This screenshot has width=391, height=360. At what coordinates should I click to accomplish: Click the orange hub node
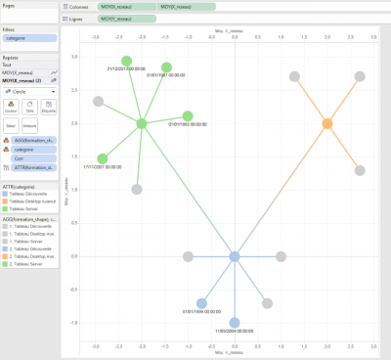click(327, 123)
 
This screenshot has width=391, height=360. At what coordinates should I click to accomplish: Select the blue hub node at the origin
click(235, 256)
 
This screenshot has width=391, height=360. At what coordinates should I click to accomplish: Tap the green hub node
click(142, 123)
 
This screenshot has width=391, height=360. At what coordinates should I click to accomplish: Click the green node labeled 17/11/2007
click(103, 157)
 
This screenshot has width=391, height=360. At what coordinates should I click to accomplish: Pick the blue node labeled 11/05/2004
click(235, 322)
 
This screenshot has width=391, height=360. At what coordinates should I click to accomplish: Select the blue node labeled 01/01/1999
click(202, 303)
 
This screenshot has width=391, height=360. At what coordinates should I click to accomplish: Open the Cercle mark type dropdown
click(28, 89)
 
